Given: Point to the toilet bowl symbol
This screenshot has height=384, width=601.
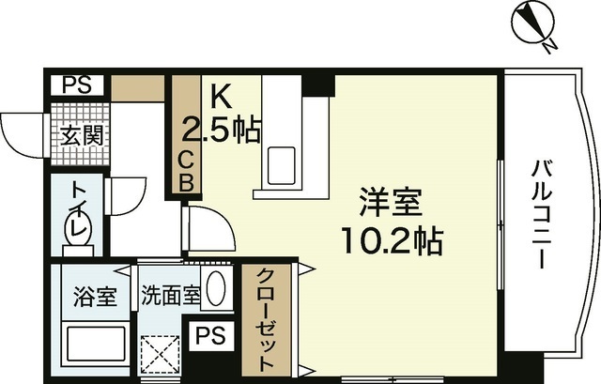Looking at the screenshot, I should tap(76, 227).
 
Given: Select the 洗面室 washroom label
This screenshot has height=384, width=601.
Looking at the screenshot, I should tap(169, 297).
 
